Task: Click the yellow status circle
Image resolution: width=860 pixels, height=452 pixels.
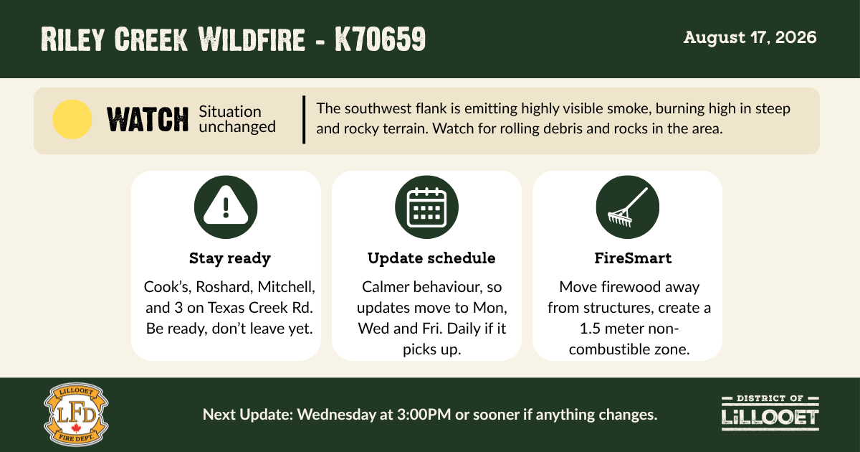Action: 72,119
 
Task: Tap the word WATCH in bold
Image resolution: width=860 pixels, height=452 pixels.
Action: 148,120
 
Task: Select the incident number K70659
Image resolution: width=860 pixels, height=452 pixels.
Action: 380,39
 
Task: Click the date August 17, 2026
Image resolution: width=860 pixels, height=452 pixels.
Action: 750,37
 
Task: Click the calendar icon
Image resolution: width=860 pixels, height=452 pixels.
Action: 426,207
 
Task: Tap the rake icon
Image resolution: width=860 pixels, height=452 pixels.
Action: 628,207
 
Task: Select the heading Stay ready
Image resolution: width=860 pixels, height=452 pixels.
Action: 230,258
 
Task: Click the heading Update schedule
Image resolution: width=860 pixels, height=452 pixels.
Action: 431,258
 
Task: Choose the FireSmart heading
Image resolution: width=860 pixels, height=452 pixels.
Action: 633,258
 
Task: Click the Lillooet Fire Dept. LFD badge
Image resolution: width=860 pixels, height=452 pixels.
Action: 76,415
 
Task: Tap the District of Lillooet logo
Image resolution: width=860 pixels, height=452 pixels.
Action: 770,413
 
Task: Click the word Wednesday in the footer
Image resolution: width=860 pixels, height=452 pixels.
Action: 337,415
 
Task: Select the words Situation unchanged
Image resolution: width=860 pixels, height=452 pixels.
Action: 237,119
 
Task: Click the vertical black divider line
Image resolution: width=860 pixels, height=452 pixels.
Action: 304,120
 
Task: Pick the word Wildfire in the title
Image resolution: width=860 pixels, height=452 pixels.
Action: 252,39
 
